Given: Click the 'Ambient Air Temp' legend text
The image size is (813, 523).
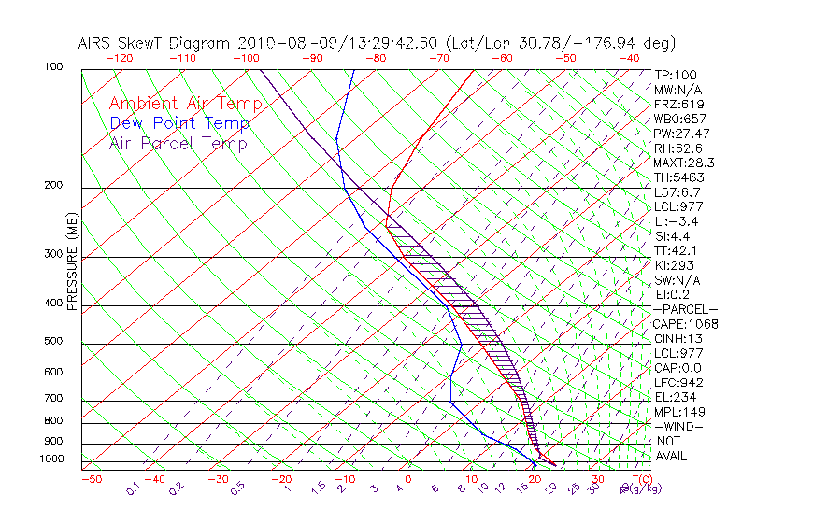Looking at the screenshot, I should click(186, 104).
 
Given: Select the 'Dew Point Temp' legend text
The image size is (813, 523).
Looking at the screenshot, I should click(179, 123).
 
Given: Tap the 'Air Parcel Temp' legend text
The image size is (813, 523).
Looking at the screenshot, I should click(178, 143).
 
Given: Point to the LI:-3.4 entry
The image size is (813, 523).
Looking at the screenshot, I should click(676, 221).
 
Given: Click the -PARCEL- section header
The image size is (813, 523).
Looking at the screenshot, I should click(685, 309).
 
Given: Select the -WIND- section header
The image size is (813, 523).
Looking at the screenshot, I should click(678, 426).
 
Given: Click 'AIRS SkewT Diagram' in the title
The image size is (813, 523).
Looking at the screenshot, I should click(155, 43).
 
